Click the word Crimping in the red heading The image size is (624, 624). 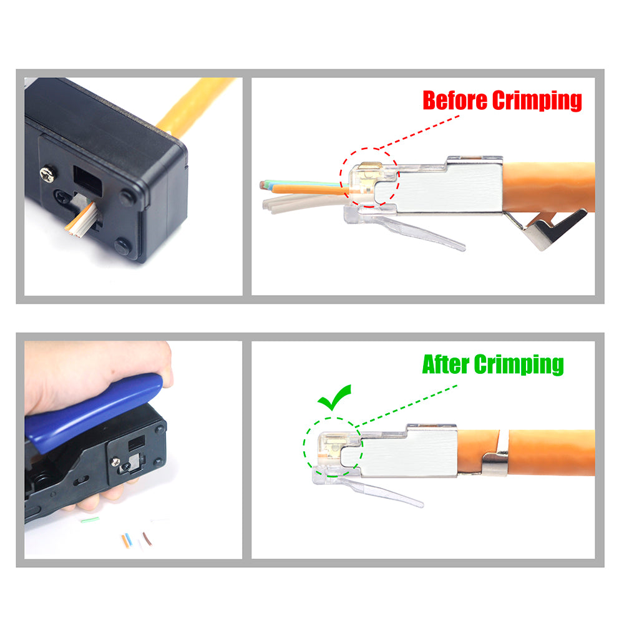[537, 101]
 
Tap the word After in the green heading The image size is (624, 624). [445, 364]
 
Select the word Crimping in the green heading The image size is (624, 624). [519, 365]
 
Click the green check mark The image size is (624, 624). [334, 397]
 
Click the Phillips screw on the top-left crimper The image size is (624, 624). [47, 175]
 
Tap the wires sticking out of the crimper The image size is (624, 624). [82, 220]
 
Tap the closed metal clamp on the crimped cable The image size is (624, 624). [495, 464]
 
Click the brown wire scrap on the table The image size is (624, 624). [147, 539]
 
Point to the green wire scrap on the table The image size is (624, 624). [90, 519]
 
